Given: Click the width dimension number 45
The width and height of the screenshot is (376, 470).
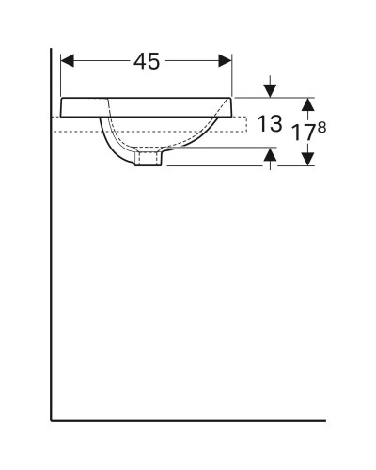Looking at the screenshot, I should click(x=146, y=62).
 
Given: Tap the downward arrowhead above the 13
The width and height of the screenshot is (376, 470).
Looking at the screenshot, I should click(x=271, y=92).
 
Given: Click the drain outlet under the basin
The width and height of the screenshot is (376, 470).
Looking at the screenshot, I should click(x=148, y=160).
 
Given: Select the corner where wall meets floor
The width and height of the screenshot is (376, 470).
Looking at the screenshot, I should click(x=51, y=419).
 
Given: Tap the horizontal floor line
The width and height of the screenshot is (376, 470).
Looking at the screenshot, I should click(x=188, y=419).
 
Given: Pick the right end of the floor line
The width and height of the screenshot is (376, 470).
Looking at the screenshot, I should click(x=324, y=419).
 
